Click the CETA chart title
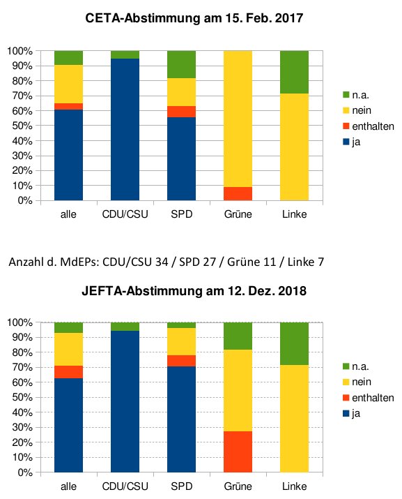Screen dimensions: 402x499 click(x=194, y=18)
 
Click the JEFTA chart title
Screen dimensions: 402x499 click(x=194, y=291)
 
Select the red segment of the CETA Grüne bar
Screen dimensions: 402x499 click(x=238, y=193)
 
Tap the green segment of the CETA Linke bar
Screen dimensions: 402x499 click(x=294, y=72)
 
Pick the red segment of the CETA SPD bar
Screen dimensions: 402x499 click(x=181, y=112)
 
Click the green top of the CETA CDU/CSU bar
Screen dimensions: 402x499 click(x=125, y=54)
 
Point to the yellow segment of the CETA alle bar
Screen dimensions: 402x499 click(x=68, y=84)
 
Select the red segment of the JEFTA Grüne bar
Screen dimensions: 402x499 click(x=238, y=452)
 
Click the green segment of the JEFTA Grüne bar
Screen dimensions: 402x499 click(x=238, y=336)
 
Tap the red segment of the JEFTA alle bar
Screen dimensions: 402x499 click(x=68, y=372)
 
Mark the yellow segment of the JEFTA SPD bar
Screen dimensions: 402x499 click(x=181, y=341)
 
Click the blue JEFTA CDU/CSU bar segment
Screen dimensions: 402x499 click(x=125, y=401)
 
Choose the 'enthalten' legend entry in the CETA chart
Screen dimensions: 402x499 click(x=369, y=126)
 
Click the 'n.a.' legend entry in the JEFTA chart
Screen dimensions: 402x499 click(x=356, y=366)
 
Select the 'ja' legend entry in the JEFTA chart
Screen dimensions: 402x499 click(x=351, y=414)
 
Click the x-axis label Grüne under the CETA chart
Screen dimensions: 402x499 click(x=238, y=214)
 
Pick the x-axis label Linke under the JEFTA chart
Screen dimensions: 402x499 click(x=294, y=486)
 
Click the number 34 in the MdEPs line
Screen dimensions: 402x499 click(x=162, y=262)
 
